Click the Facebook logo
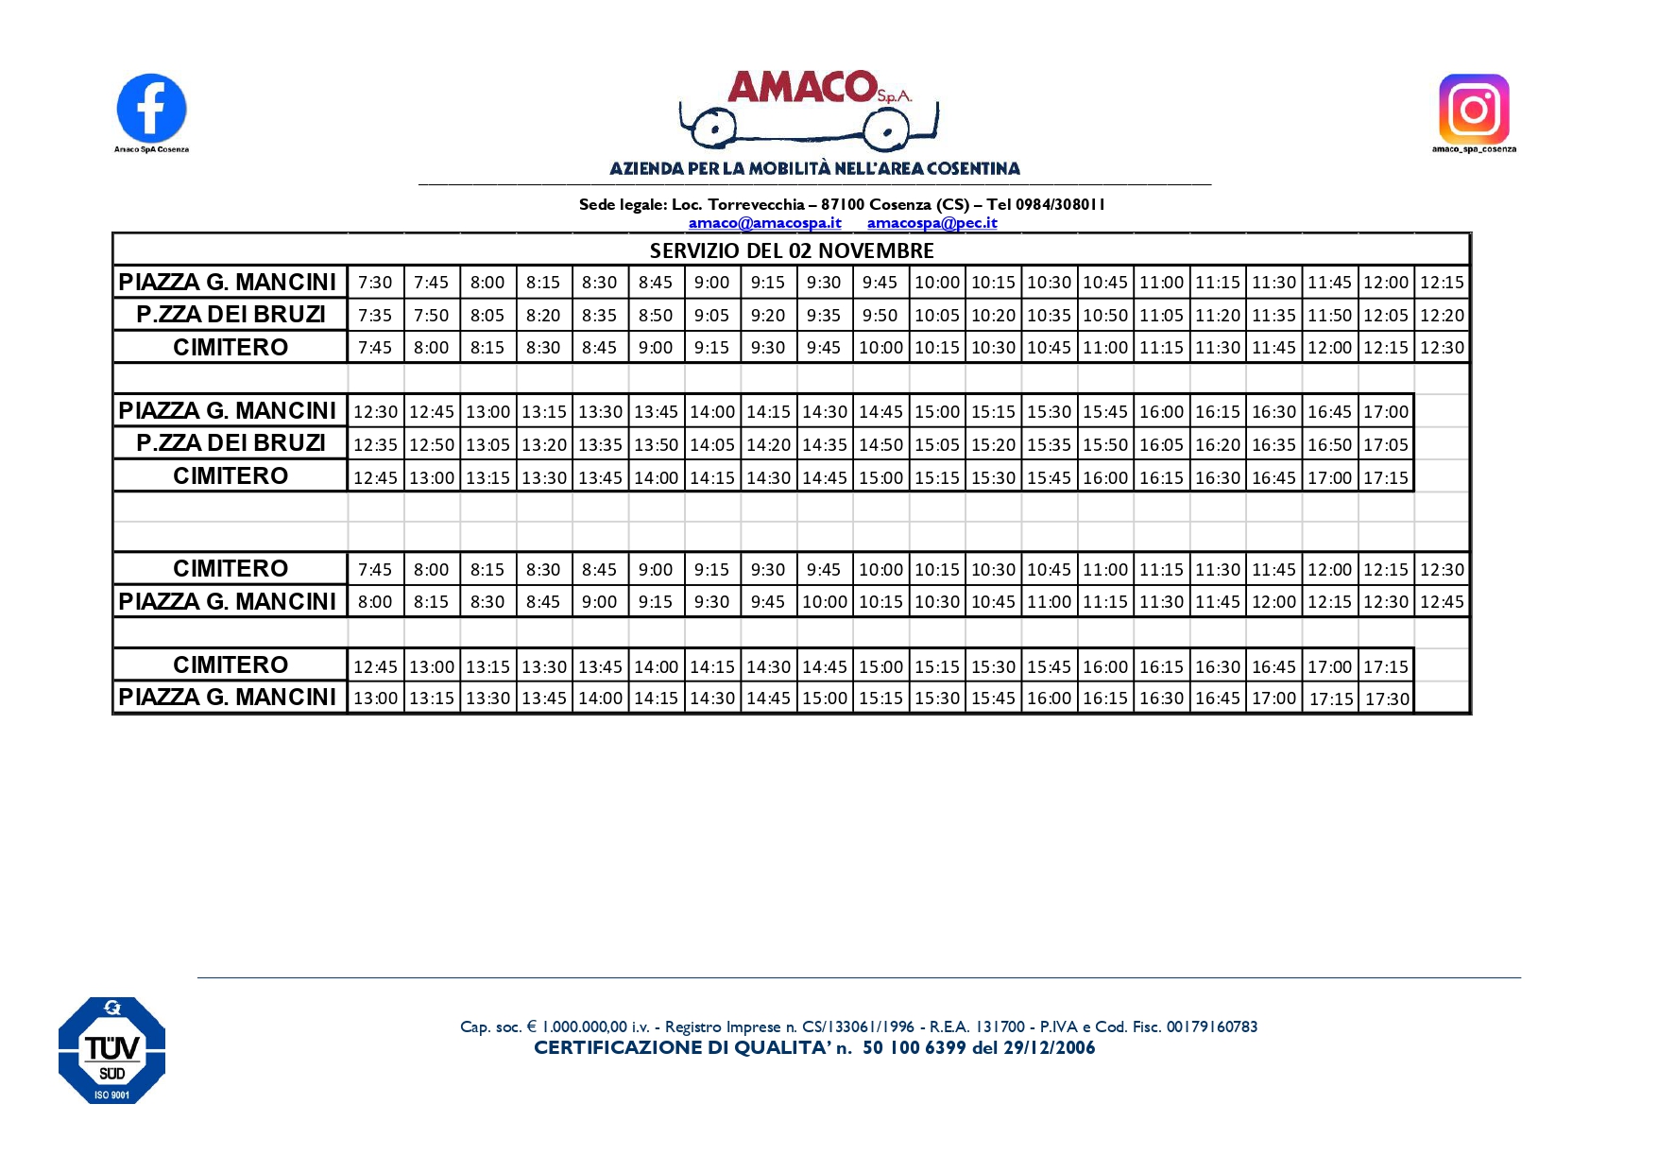[x=151, y=109]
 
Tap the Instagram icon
[x=1473, y=109]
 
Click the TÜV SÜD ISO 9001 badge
[x=111, y=1050]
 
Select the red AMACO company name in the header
[x=803, y=87]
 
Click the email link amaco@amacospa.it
[x=764, y=223]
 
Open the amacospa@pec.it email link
[x=932, y=223]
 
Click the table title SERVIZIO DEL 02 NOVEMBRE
[x=792, y=250]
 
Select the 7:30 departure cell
[x=375, y=283]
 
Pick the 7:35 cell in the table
[x=375, y=315]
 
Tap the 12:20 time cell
[x=1442, y=315]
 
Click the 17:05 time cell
[x=1385, y=444]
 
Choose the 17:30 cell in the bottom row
[x=1386, y=699]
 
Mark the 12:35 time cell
[x=375, y=444]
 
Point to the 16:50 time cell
[x=1329, y=444]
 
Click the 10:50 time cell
[x=1104, y=315]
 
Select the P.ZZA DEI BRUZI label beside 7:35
[x=231, y=315]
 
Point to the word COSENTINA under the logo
[x=973, y=169]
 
